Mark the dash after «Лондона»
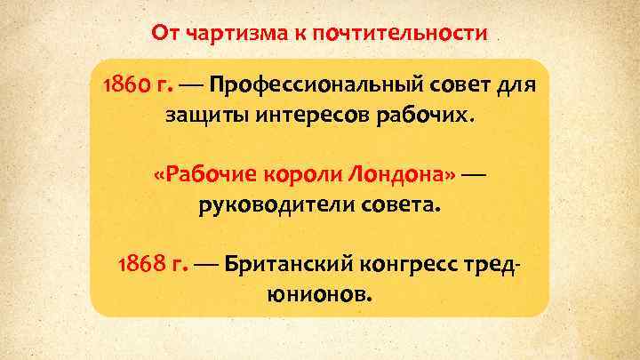point(473,174)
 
